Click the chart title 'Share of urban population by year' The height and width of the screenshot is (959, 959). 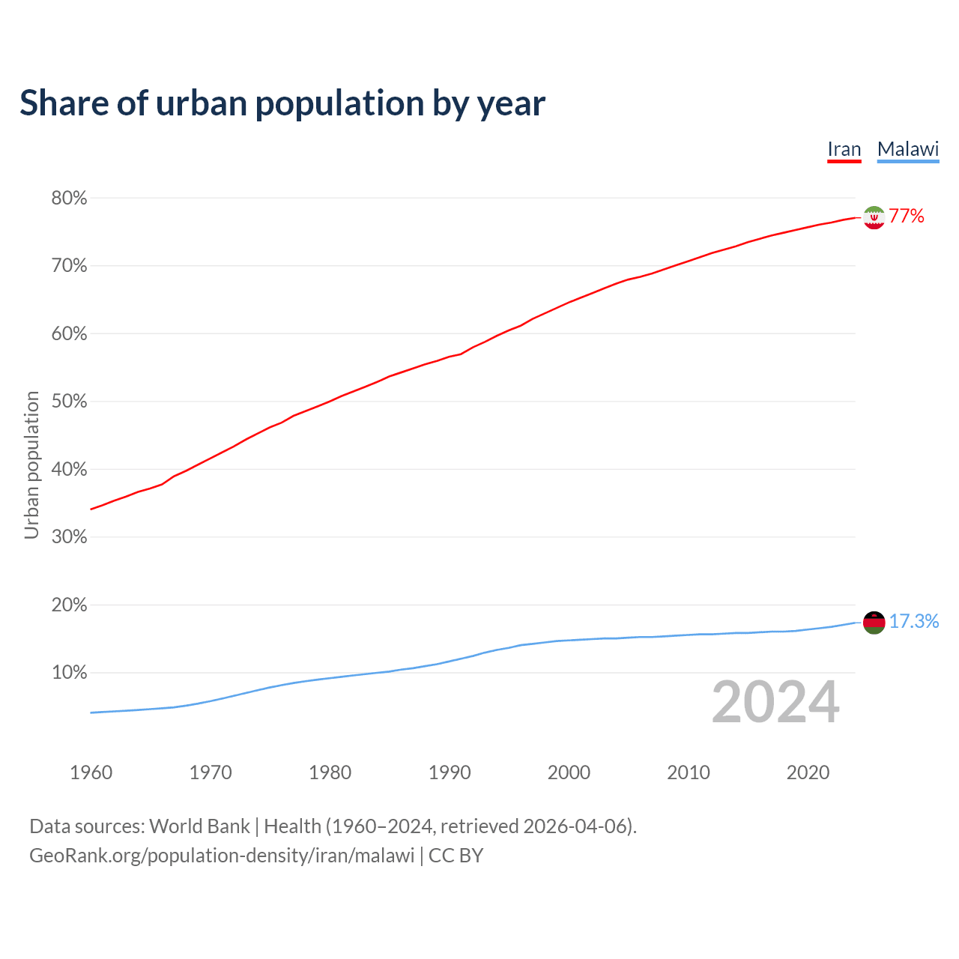coord(282,103)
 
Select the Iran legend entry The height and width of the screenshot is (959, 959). coord(844,150)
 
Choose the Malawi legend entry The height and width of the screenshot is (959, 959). coord(908,150)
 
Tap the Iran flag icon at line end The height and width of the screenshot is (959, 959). coord(874,217)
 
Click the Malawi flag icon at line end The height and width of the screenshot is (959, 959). coord(874,622)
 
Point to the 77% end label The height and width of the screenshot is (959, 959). coord(907,217)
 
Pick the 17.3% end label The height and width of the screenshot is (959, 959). coord(914,622)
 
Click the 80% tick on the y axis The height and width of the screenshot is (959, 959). coord(69,199)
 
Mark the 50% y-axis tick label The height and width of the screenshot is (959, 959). coord(69,402)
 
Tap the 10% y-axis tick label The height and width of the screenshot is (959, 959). coord(69,673)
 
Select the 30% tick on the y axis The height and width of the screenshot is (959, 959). coord(69,537)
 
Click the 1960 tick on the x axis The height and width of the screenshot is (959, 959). coord(91,772)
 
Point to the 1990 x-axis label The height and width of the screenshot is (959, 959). coord(450,772)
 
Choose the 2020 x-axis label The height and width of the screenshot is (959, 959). coord(808,772)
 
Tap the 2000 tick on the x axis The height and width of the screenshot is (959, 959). coord(569,772)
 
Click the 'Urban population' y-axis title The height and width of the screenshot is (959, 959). coord(31,465)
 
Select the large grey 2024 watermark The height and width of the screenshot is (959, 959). coord(775,703)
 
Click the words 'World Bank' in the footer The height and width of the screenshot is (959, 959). coord(199,826)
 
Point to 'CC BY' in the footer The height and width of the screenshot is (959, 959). coord(456,856)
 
